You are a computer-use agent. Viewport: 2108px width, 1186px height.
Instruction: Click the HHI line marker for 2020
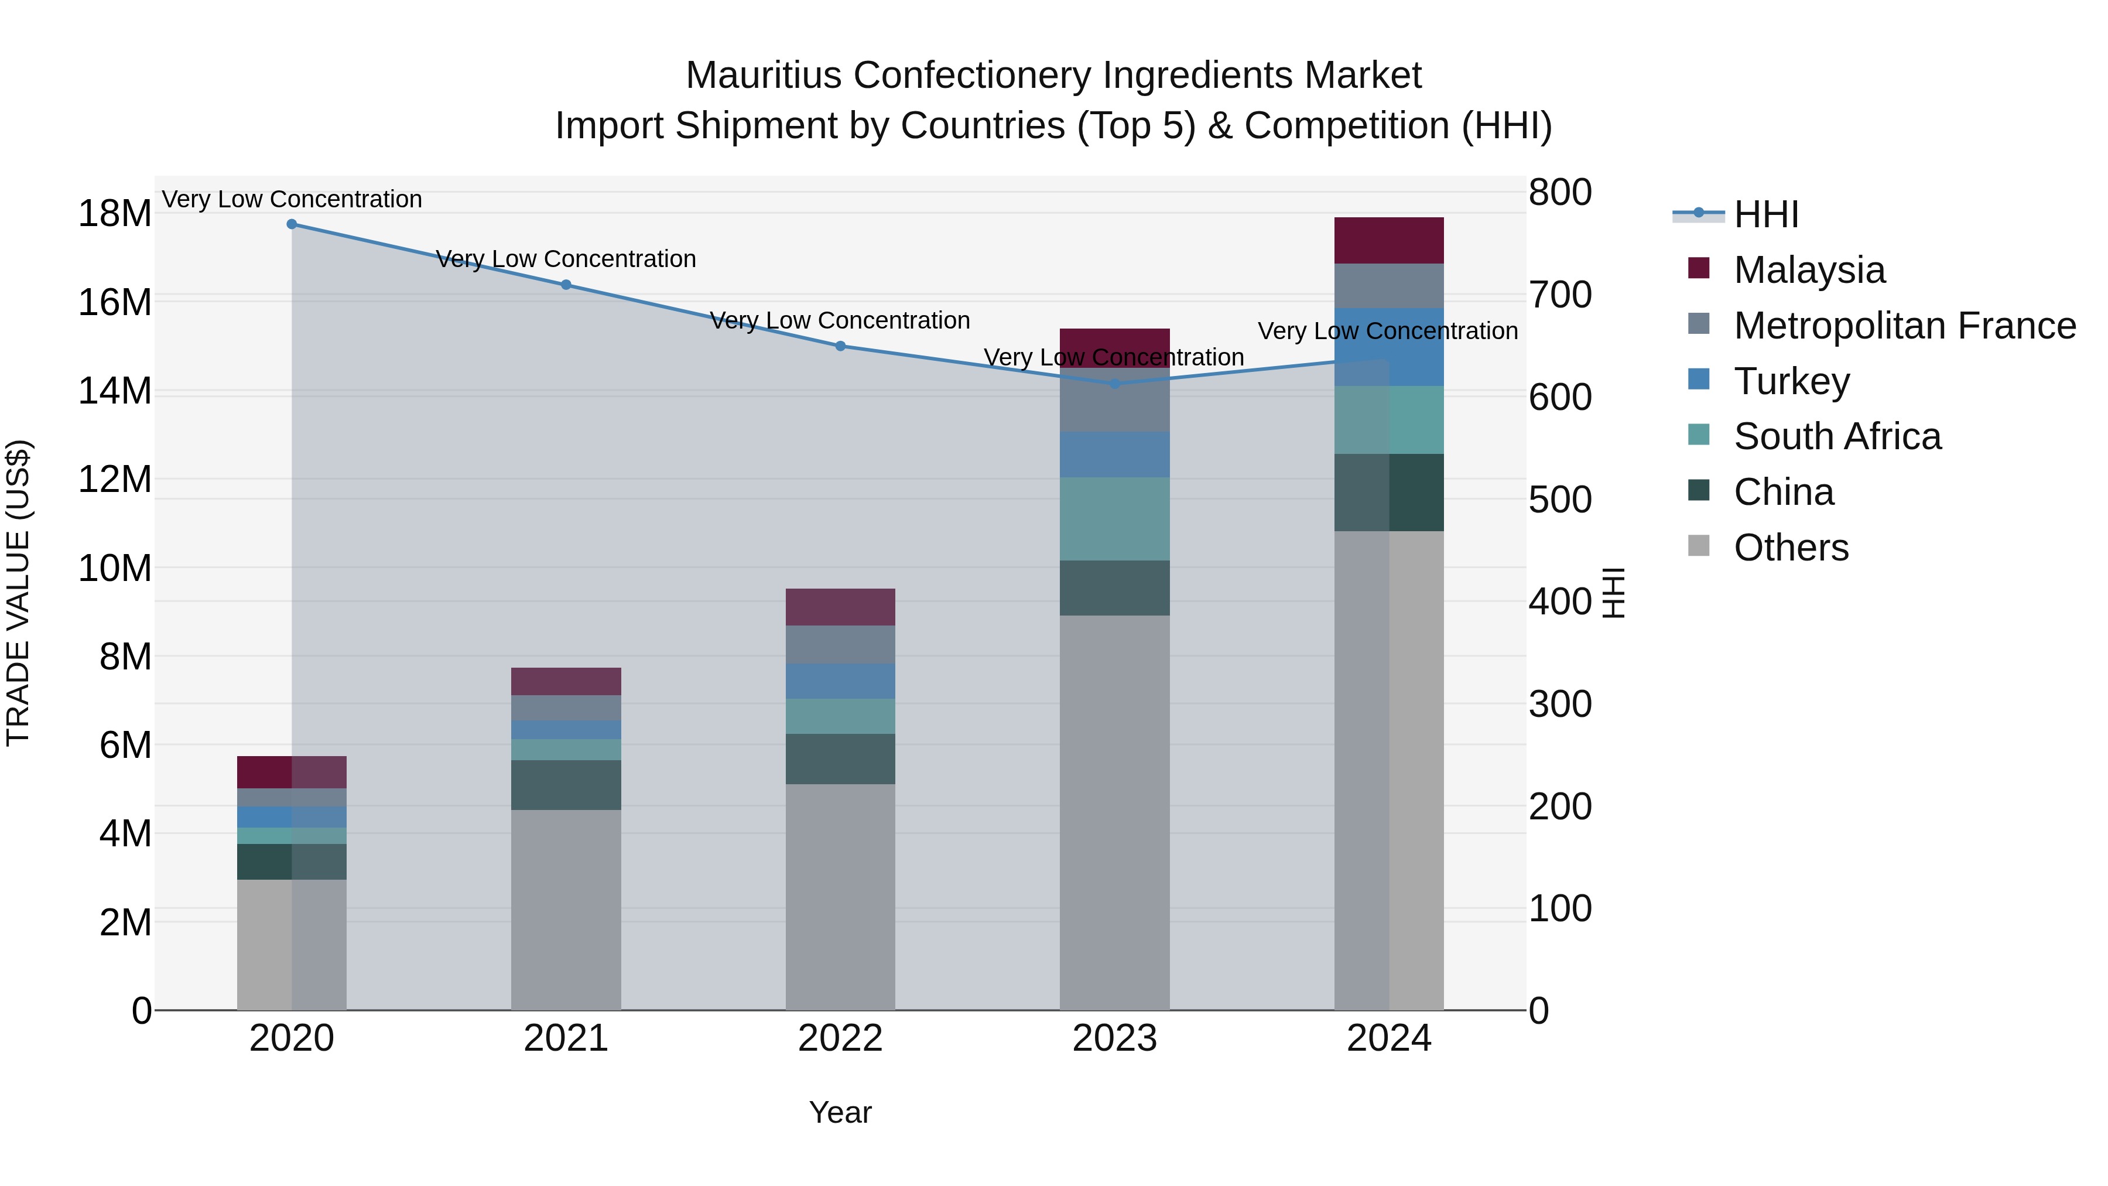point(292,224)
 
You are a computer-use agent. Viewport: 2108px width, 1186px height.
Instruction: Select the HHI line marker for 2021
point(566,285)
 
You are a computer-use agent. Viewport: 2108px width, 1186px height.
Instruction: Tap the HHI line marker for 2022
point(840,346)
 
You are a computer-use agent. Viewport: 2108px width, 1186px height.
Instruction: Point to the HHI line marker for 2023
point(1114,383)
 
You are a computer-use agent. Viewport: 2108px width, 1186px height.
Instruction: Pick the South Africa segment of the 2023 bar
point(1114,519)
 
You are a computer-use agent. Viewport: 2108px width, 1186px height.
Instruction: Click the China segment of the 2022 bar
point(840,758)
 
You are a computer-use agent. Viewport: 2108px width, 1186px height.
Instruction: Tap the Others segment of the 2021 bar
point(566,908)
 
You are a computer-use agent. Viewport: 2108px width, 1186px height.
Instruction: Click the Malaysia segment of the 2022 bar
point(840,607)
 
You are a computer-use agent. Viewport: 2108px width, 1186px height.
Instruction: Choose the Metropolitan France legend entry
point(1904,326)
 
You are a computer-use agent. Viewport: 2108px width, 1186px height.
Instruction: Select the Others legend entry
point(1791,548)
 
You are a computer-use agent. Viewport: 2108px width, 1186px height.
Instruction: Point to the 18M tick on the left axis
point(115,214)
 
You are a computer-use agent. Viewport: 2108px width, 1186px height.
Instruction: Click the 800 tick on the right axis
point(1560,193)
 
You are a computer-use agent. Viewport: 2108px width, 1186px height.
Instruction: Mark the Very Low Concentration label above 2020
point(292,199)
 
